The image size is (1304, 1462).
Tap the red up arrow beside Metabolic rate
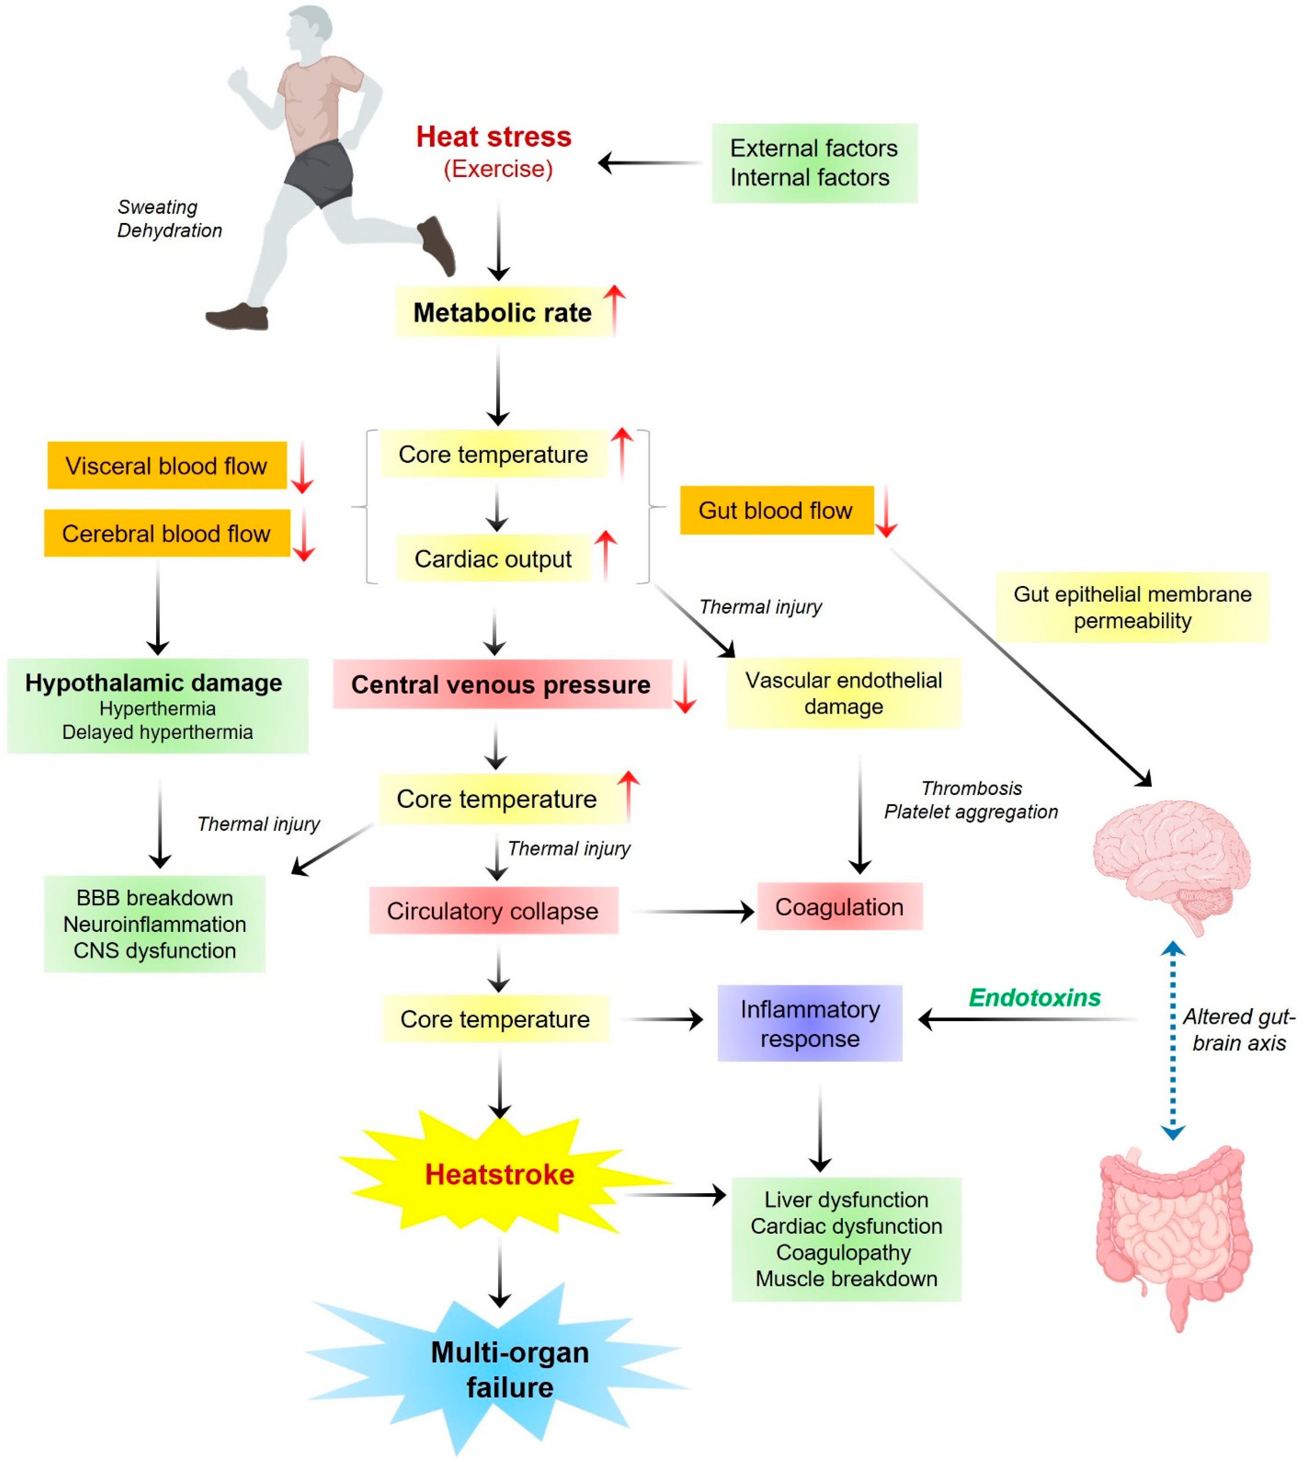pyautogui.click(x=614, y=308)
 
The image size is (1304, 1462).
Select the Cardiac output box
pyautogui.click(x=493, y=559)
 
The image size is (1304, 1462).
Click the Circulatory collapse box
pyautogui.click(x=493, y=911)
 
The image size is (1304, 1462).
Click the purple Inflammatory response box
pyautogui.click(x=810, y=1023)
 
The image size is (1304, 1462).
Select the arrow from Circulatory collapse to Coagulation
pyautogui.click(x=691, y=912)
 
